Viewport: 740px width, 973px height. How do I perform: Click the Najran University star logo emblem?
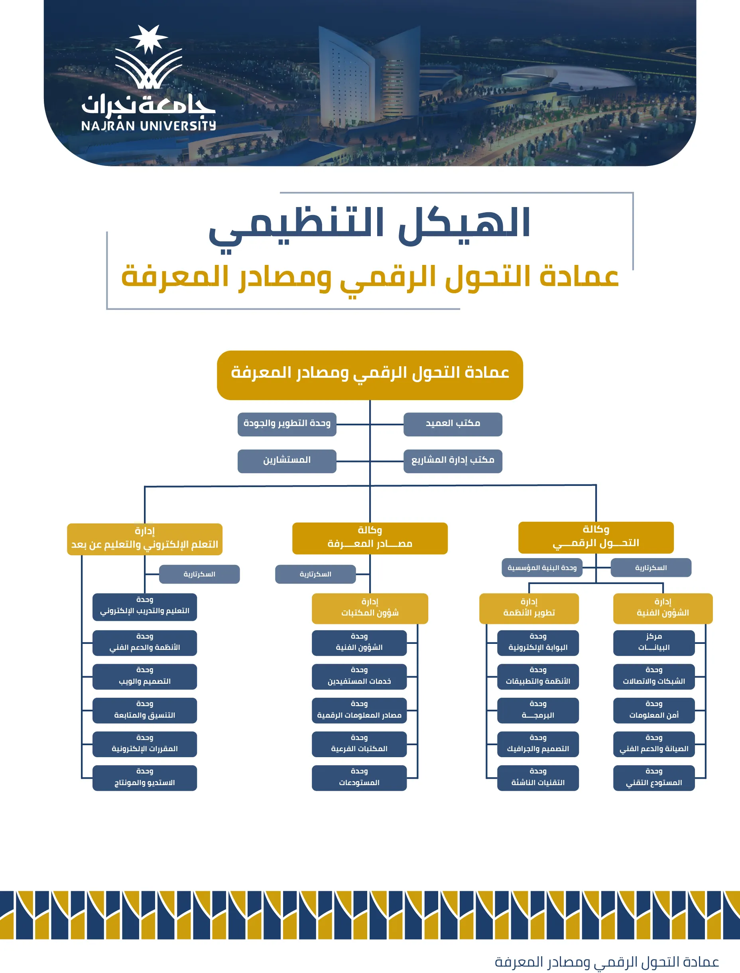click(148, 57)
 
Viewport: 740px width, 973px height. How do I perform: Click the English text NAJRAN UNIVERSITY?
click(148, 126)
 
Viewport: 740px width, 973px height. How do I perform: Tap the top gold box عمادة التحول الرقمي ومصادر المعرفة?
click(370, 375)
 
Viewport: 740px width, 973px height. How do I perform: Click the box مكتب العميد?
click(453, 424)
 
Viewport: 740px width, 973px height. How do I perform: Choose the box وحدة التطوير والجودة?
click(287, 424)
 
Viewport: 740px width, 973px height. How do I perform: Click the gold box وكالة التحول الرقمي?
click(596, 538)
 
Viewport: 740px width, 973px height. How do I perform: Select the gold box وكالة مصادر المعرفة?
click(370, 539)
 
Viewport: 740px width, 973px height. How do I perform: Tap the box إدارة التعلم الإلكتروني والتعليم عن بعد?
click(144, 539)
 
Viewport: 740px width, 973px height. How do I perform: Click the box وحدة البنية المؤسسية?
click(542, 568)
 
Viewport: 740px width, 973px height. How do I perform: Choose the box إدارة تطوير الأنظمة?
click(529, 608)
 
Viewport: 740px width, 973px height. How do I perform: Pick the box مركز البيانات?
click(654, 643)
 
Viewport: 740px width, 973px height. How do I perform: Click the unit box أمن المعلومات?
click(654, 711)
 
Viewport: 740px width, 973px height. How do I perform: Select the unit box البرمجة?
click(538, 711)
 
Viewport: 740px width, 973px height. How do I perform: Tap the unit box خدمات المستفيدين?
click(359, 677)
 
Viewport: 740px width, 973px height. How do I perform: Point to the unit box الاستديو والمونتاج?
click(144, 778)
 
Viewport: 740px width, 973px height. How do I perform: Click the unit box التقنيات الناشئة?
click(538, 778)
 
